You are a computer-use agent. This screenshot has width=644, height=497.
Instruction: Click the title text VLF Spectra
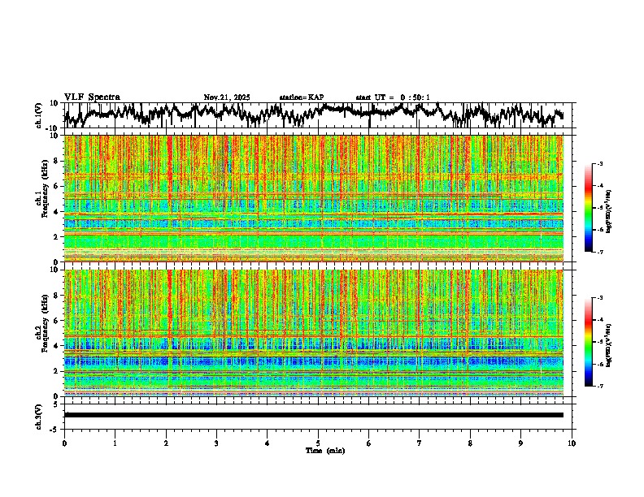92,97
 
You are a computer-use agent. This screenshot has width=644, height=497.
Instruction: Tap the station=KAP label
301,97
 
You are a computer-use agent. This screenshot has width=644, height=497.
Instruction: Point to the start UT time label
392,97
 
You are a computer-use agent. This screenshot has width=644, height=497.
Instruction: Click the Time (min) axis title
324,450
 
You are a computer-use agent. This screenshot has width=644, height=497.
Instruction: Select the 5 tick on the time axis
318,443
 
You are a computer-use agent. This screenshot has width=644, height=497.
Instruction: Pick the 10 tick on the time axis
572,443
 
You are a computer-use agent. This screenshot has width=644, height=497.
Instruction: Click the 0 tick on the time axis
64,443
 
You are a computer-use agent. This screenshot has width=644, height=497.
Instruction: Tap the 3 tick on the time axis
216,443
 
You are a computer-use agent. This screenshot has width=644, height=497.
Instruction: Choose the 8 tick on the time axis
470,443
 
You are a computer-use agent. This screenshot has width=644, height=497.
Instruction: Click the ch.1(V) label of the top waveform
39,115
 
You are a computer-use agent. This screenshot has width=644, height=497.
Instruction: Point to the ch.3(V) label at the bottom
39,414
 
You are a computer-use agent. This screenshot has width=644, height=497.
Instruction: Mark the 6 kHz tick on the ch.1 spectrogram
57,186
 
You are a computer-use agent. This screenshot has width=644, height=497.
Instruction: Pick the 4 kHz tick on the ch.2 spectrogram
57,345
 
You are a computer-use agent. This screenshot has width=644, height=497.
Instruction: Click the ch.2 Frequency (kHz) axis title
42,332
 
